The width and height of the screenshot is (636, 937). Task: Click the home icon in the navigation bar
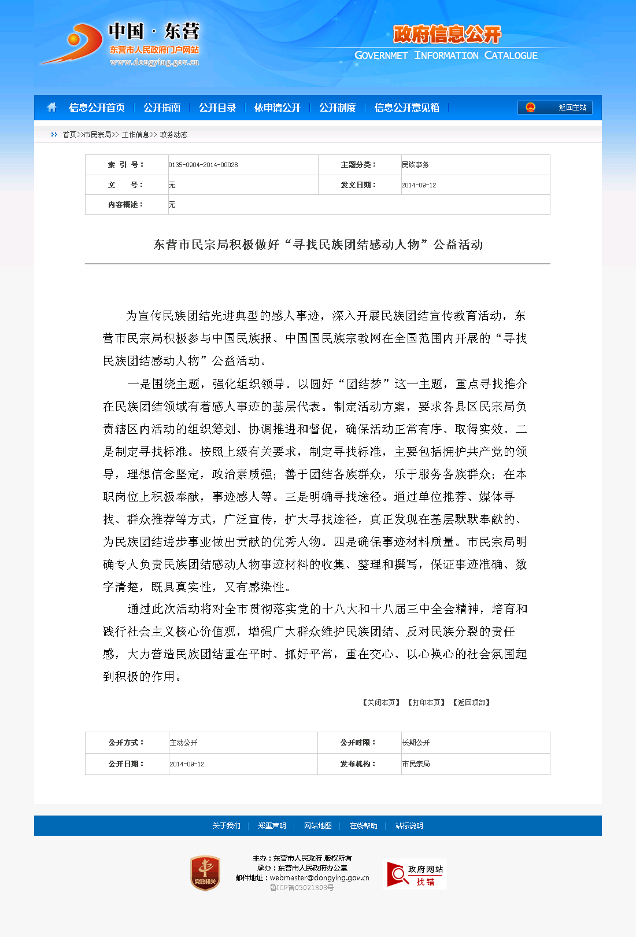(x=51, y=108)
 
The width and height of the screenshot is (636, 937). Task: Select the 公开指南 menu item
(x=162, y=108)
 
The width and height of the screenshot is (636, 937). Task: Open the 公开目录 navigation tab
(x=217, y=108)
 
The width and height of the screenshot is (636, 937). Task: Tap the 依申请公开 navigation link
(x=278, y=108)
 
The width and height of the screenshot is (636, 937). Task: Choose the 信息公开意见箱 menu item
(x=406, y=108)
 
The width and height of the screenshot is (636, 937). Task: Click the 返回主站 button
(x=554, y=108)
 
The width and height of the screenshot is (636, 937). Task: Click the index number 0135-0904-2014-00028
(x=203, y=165)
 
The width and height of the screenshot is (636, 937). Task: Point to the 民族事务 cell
(x=415, y=165)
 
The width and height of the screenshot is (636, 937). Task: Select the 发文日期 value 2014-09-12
(x=419, y=185)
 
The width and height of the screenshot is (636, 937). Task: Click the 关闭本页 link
(x=381, y=703)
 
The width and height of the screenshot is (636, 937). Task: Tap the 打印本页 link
(x=426, y=703)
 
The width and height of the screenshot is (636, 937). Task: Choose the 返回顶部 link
(x=471, y=703)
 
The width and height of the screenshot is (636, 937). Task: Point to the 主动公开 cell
(x=183, y=743)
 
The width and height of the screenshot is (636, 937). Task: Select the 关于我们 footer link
(x=226, y=826)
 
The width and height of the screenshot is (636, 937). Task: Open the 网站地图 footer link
(x=318, y=826)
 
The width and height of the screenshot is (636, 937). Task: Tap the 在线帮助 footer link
(x=363, y=826)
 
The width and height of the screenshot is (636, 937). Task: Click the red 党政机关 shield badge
(x=205, y=873)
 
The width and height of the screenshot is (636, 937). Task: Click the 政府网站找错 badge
(x=416, y=875)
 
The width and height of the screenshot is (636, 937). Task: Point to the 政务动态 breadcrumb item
(x=173, y=135)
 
